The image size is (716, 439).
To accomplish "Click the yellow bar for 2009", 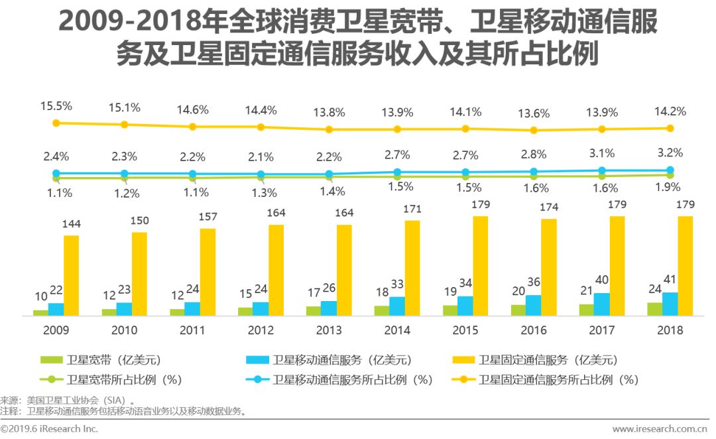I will tap(72, 275).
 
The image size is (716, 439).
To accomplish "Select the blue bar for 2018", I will tap(670, 304).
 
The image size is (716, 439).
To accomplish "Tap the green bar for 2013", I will tap(314, 310).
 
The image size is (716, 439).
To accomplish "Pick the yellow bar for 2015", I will tap(481, 266).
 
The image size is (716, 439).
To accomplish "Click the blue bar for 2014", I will tap(397, 306).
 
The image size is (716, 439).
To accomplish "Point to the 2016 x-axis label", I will tap(534, 330).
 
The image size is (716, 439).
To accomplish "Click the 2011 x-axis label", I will tap(192, 330).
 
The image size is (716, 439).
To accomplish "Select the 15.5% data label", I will tap(56, 106).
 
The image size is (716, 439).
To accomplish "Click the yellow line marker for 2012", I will tap(261, 127).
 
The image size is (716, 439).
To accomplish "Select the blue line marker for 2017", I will tap(602, 171).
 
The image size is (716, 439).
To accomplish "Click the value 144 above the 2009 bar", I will tap(71, 225).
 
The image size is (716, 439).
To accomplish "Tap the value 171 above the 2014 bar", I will tap(412, 210).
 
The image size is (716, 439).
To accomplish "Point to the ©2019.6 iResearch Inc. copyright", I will tap(50, 429).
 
